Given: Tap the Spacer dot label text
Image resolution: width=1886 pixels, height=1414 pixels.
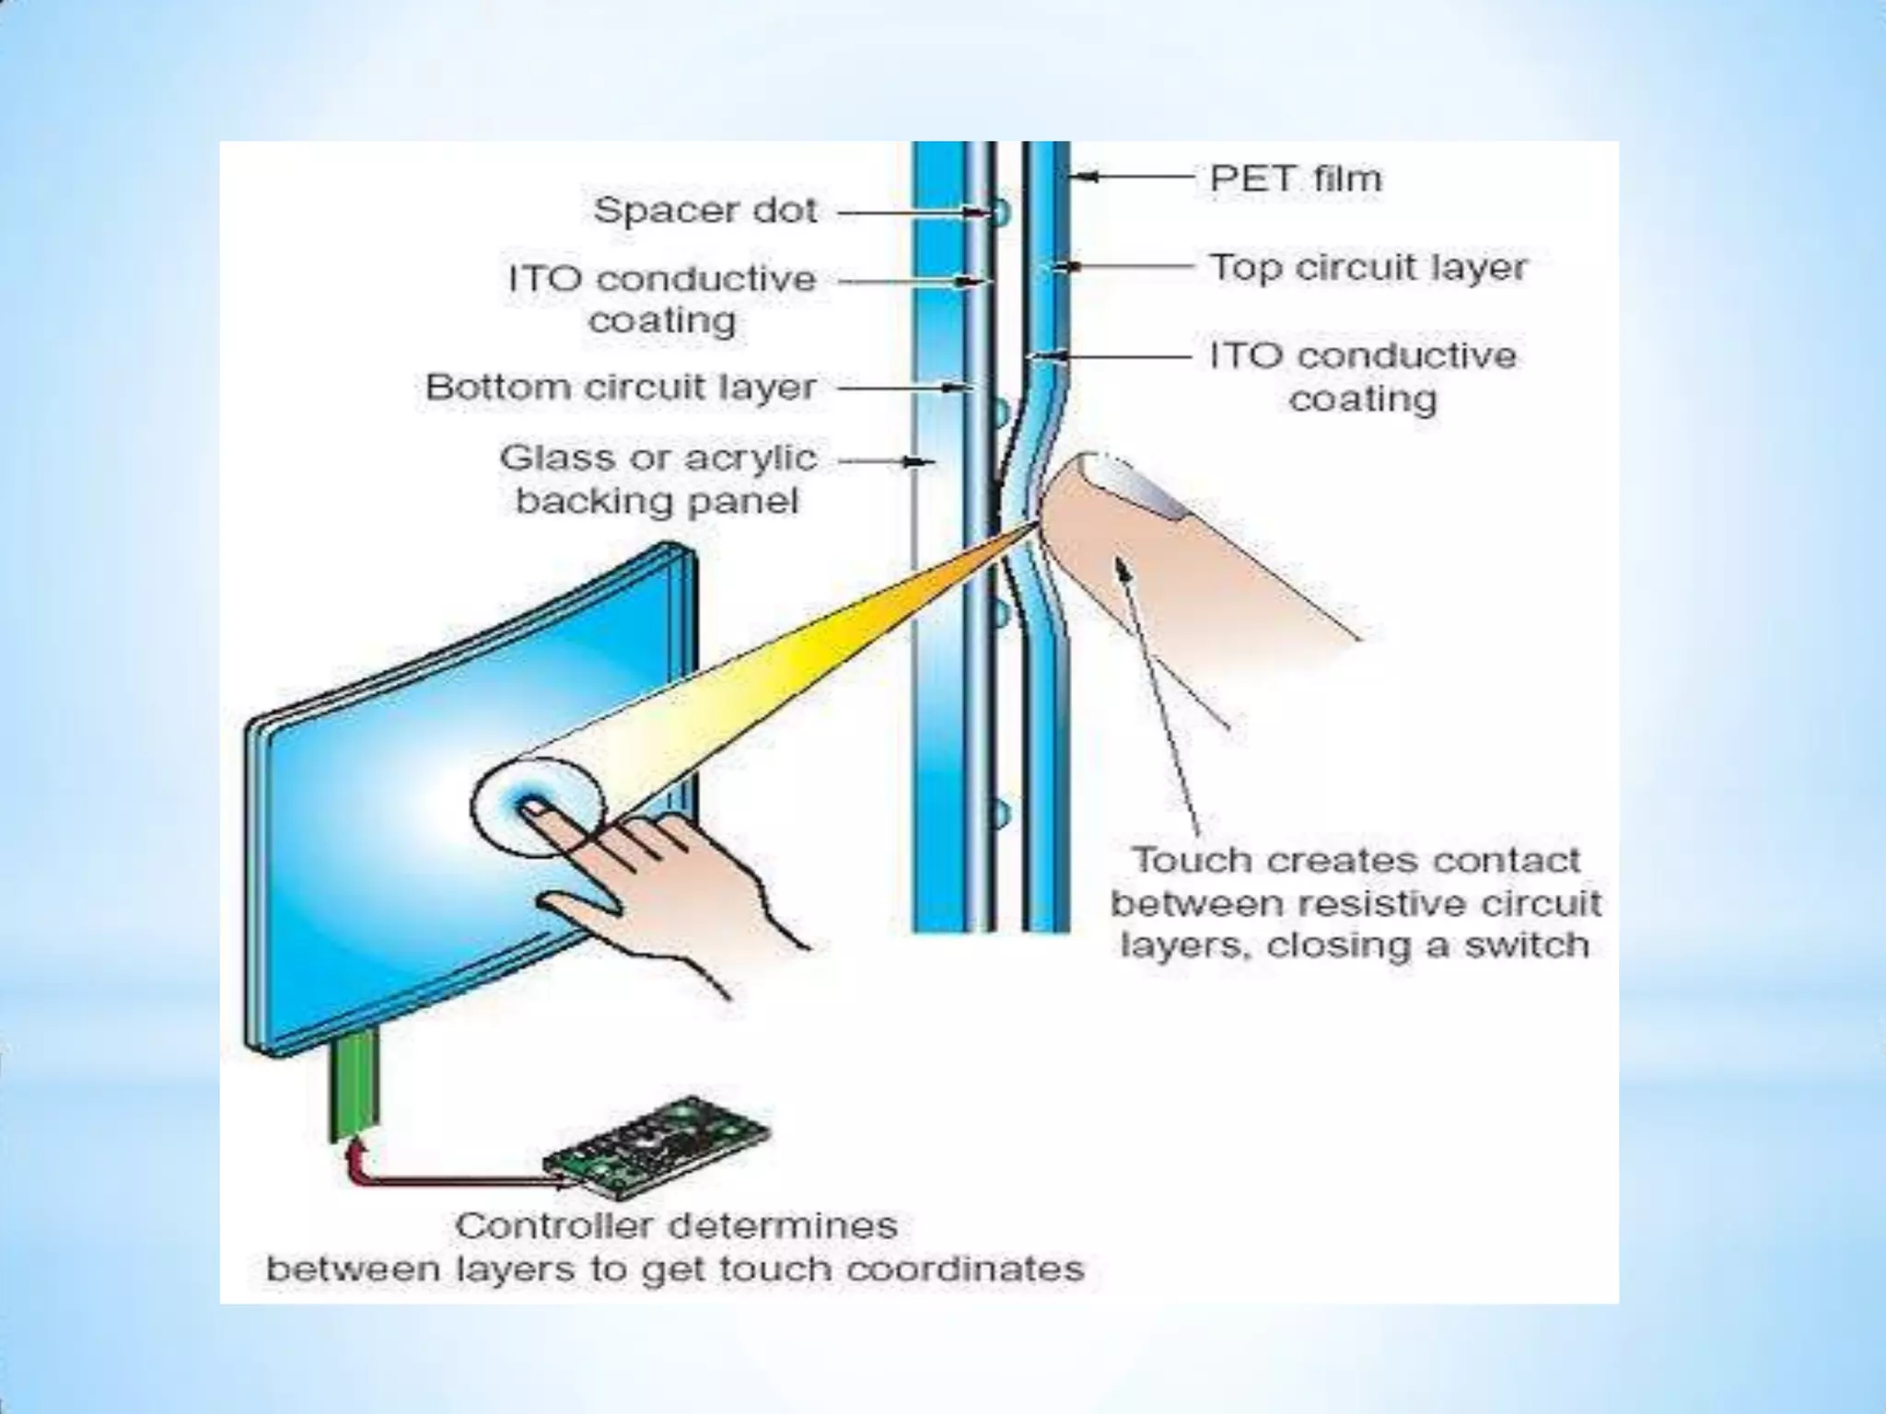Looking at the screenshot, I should (705, 211).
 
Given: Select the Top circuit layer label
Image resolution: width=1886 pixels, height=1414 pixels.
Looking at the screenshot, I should (1368, 268).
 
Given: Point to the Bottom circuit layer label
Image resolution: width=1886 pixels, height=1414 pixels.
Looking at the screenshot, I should (621, 388).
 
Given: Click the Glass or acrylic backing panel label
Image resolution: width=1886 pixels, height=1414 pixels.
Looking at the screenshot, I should (658, 480).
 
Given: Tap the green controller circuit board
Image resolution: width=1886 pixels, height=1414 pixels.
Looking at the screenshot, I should (656, 1147).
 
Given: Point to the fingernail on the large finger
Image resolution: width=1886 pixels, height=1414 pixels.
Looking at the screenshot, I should (1137, 482).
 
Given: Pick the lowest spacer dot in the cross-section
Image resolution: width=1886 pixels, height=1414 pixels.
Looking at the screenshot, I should (1000, 813).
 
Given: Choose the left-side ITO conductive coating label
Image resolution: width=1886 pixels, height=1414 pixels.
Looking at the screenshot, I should (662, 299).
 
